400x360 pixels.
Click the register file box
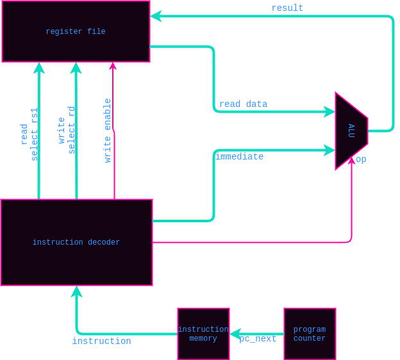pyautogui.click(x=76, y=31)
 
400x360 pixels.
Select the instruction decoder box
pyautogui.click(x=76, y=242)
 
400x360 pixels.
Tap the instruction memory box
pyautogui.click(x=203, y=334)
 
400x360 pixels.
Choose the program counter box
pyautogui.click(x=310, y=334)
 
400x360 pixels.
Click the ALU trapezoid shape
pyautogui.click(x=351, y=131)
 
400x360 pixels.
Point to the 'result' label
pyautogui.click(x=287, y=8)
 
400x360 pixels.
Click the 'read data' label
pyautogui.click(x=243, y=104)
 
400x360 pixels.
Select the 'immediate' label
pyautogui.click(x=239, y=156)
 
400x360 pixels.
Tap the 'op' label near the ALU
pyautogui.click(x=361, y=159)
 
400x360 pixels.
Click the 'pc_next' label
pyautogui.click(x=258, y=339)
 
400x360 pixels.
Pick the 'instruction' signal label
pyautogui.click(x=101, y=341)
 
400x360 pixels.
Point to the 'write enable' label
pyautogui.click(x=108, y=131)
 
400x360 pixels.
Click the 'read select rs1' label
pyautogui.click(x=29, y=134)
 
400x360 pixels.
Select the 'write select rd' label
pyautogui.click(x=67, y=130)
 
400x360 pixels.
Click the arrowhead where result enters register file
pyautogui.click(x=155, y=16)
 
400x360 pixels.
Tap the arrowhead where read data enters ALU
pyautogui.click(x=331, y=111)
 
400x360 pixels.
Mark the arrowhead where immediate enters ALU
pyautogui.click(x=331, y=150)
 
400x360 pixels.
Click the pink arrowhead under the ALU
pyautogui.click(x=351, y=161)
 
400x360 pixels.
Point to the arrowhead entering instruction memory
pyautogui.click(x=235, y=334)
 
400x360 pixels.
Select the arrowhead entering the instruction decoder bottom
pyautogui.click(x=76, y=291)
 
